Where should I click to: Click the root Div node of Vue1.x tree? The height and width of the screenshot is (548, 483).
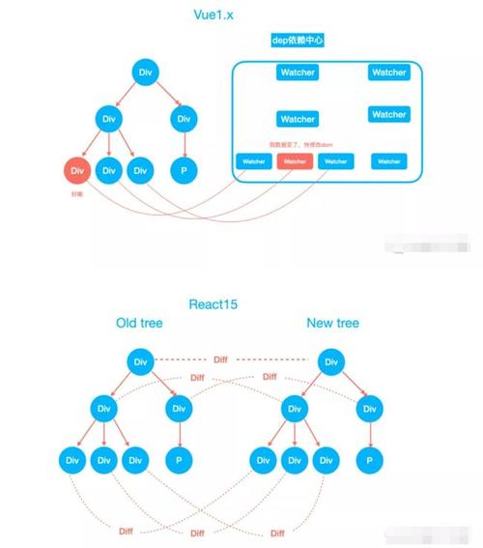tap(145, 72)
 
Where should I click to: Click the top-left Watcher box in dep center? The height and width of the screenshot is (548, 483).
tap(298, 72)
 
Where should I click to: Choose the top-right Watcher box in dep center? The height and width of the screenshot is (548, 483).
tap(389, 72)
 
